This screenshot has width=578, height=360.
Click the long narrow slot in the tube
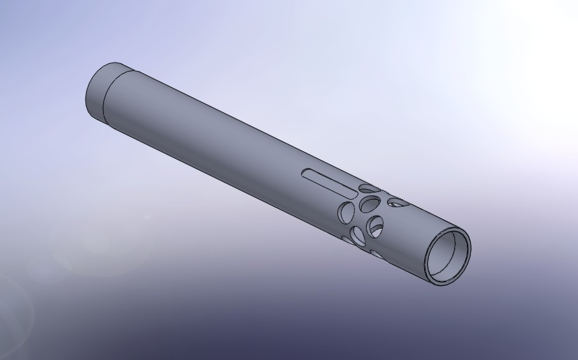329,181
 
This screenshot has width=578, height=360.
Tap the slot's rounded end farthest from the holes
304,172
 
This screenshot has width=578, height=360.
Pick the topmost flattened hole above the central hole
368,188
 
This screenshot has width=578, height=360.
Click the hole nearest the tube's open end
397,203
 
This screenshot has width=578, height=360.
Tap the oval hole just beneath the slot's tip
347,211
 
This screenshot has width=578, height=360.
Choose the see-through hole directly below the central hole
376,225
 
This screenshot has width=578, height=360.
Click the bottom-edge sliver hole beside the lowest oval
348,241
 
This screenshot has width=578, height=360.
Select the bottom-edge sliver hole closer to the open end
376,254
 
